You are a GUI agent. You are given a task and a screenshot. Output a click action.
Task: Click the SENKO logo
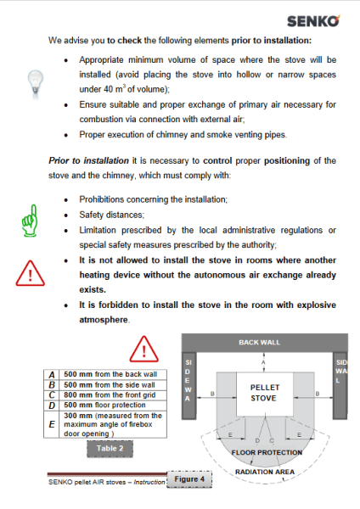[x=313, y=21]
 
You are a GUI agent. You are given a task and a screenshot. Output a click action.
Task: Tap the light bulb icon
[x=36, y=83]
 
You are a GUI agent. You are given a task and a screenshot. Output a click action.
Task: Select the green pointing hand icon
[x=30, y=221]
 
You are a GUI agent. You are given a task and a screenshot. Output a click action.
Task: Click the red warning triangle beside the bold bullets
[x=30, y=273]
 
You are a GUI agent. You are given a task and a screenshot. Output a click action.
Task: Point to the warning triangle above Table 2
[x=144, y=349]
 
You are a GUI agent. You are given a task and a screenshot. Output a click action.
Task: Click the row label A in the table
[x=52, y=375]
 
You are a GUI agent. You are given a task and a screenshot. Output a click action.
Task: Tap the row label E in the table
[x=52, y=424]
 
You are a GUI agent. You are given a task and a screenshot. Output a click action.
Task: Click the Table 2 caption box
[x=110, y=449]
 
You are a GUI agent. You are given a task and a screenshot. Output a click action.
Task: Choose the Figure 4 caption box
[x=189, y=479]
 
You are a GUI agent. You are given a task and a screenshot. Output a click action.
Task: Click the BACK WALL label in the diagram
[x=259, y=343]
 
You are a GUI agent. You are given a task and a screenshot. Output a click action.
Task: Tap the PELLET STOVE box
[x=265, y=394]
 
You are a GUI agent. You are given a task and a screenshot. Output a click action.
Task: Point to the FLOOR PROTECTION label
[x=267, y=452]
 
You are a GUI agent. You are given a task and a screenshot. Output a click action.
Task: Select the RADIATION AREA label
[x=265, y=472]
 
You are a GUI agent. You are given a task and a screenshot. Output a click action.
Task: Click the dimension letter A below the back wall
[x=263, y=362]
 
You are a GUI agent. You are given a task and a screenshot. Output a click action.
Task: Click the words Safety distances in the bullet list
[x=111, y=215]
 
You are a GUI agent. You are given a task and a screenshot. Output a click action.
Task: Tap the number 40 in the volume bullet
[x=108, y=89]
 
